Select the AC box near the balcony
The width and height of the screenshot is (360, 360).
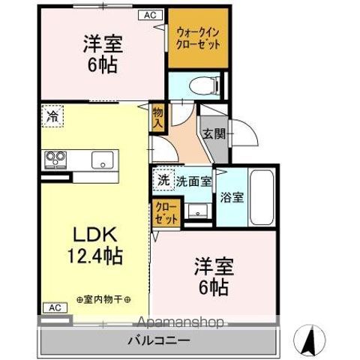click(x=53, y=307)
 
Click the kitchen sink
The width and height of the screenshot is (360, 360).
click(x=103, y=160)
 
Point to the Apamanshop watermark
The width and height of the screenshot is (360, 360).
click(x=180, y=323)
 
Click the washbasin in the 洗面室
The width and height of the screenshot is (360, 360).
click(x=199, y=211)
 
